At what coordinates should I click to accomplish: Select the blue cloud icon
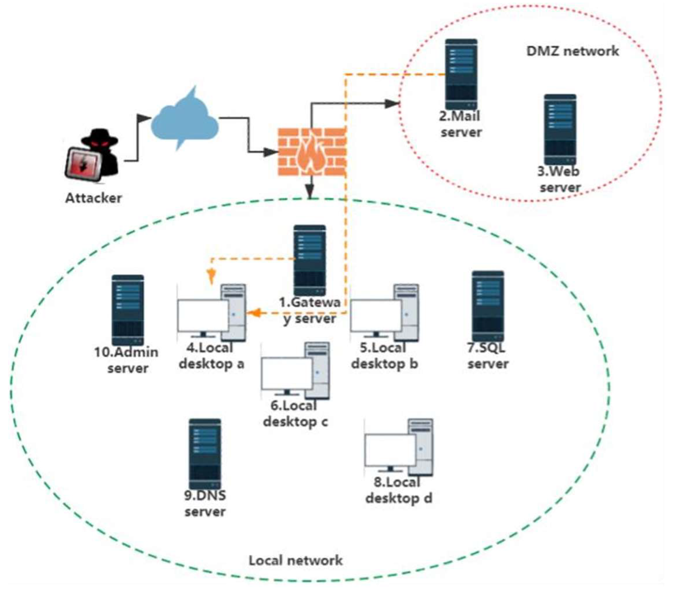[x=185, y=119]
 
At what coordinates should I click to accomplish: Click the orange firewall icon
[x=312, y=152]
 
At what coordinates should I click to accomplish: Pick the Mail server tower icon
[x=461, y=74]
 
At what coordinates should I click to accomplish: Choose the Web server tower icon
[x=560, y=129]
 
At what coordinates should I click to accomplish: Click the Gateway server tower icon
[x=310, y=260]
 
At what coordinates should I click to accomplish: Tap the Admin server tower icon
[x=128, y=310]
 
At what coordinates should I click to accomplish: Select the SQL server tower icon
[x=488, y=306]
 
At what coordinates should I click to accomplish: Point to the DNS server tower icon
[x=205, y=454]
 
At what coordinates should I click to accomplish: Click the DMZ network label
[x=572, y=51]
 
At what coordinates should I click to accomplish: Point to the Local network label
[x=296, y=560]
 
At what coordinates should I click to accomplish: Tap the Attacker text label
[x=93, y=198]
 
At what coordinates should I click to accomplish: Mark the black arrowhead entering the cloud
[x=145, y=118]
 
